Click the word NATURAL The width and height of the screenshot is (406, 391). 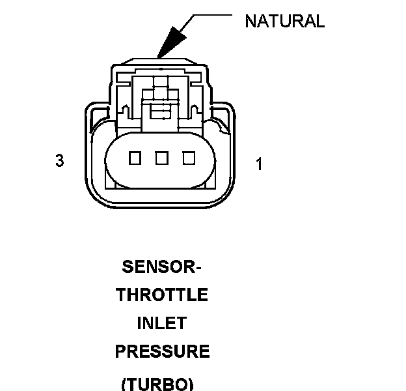pos(284,21)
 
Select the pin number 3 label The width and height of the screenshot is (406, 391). pos(59,160)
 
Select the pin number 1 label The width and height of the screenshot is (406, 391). pos(259,164)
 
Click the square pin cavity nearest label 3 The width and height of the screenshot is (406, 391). pos(135,158)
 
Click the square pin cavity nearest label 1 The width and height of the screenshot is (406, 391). pos(189,158)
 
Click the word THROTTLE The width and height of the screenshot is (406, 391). pos(162,295)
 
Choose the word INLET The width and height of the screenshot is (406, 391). pos(162,324)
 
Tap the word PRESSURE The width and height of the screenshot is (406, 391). pos(162,352)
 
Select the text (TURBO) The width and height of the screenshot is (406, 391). pos(157,383)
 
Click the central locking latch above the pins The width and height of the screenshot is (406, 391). pos(159,104)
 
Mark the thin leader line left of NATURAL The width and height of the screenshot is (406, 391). pos(208,15)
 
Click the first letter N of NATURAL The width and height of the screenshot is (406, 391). pos(250,21)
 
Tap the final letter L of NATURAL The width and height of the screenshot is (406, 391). pos(319,21)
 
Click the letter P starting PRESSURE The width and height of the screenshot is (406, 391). pos(121,352)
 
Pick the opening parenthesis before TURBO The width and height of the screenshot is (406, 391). pos(124,383)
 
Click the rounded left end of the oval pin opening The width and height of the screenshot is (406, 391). pos(111,158)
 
